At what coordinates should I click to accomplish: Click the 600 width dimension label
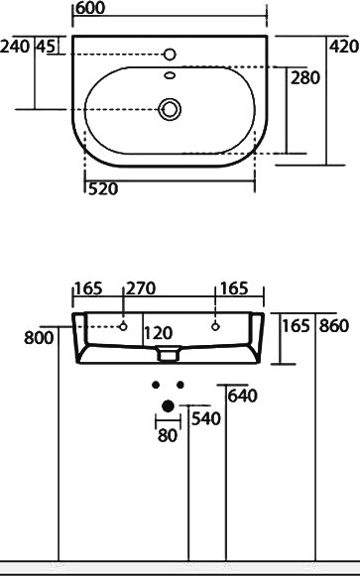[x=90, y=8]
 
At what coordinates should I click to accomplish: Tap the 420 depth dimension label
[x=343, y=47]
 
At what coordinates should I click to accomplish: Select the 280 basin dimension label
[x=305, y=78]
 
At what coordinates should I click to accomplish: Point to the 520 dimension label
[x=103, y=189]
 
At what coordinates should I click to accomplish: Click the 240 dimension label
[x=15, y=47]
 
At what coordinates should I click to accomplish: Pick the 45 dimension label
[x=46, y=47]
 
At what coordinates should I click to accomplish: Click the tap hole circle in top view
[x=170, y=55]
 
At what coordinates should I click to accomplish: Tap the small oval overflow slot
[x=170, y=75]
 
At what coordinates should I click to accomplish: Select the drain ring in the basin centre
[x=170, y=109]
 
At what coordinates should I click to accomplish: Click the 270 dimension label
[x=141, y=288]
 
